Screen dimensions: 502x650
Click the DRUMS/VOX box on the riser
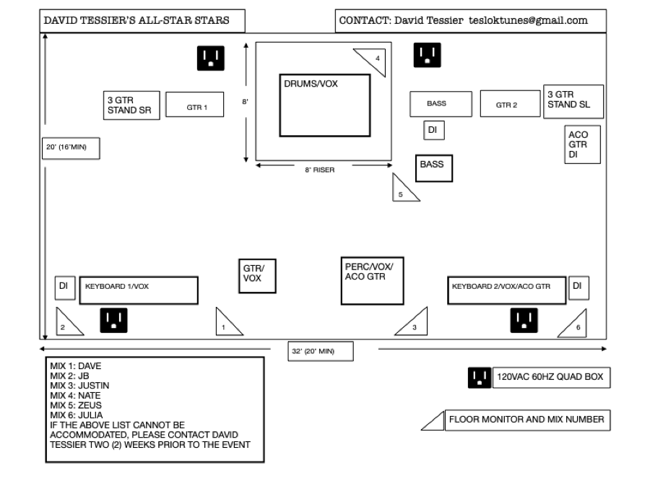click(x=325, y=105)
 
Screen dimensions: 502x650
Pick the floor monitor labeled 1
click(x=227, y=323)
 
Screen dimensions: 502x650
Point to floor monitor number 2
click(x=67, y=323)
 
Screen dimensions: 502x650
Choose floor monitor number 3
click(x=412, y=323)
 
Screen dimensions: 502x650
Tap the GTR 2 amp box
click(x=510, y=103)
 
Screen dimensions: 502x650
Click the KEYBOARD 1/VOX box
click(x=138, y=290)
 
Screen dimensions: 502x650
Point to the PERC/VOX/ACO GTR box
click(x=371, y=280)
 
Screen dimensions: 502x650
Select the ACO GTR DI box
click(x=582, y=144)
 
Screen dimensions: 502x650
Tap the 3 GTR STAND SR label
click(x=129, y=105)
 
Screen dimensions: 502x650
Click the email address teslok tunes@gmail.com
click(x=527, y=21)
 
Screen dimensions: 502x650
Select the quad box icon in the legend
click(x=478, y=376)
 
